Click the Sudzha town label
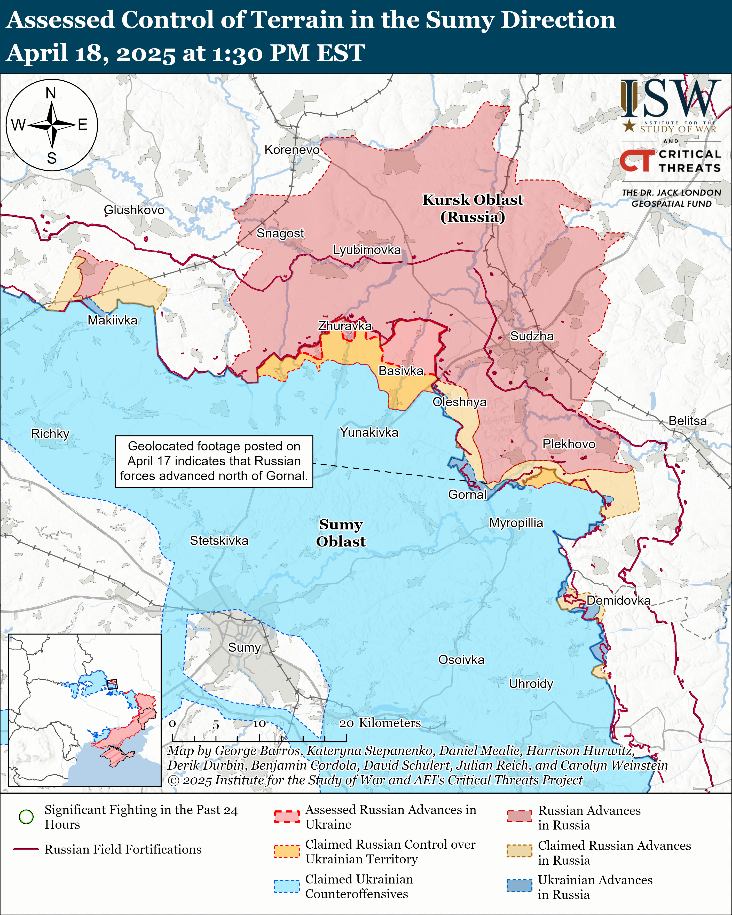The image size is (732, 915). [531, 336]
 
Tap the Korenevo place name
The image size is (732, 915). [292, 150]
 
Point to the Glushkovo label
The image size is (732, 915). [134, 210]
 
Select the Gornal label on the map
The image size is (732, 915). [467, 494]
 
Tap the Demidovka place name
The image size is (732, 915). [618, 600]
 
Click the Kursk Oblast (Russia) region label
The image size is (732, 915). [473, 208]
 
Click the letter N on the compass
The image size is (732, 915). [51, 93]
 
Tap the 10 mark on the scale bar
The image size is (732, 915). [259, 724]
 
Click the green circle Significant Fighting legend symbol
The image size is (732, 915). [26, 817]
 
